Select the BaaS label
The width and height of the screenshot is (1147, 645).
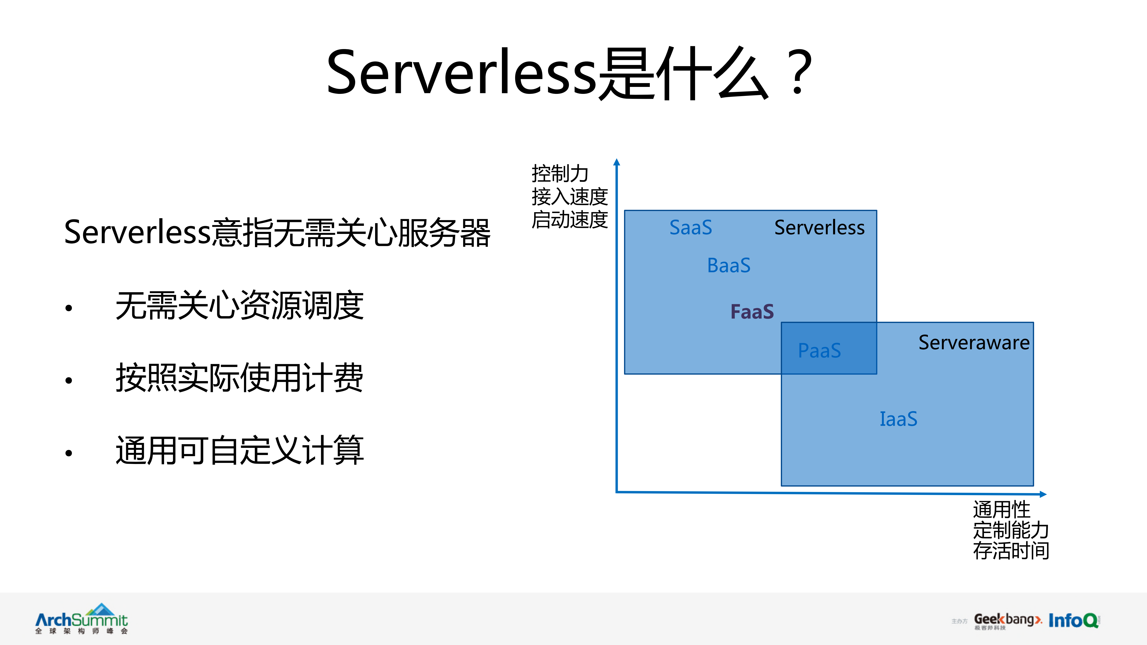point(728,266)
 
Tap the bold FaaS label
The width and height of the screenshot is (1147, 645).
point(752,312)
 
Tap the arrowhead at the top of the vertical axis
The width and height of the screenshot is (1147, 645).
point(617,162)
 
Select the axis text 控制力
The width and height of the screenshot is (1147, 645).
point(560,174)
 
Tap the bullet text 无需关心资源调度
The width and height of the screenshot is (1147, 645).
point(240,306)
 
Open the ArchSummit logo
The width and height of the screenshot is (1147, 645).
point(82,619)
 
